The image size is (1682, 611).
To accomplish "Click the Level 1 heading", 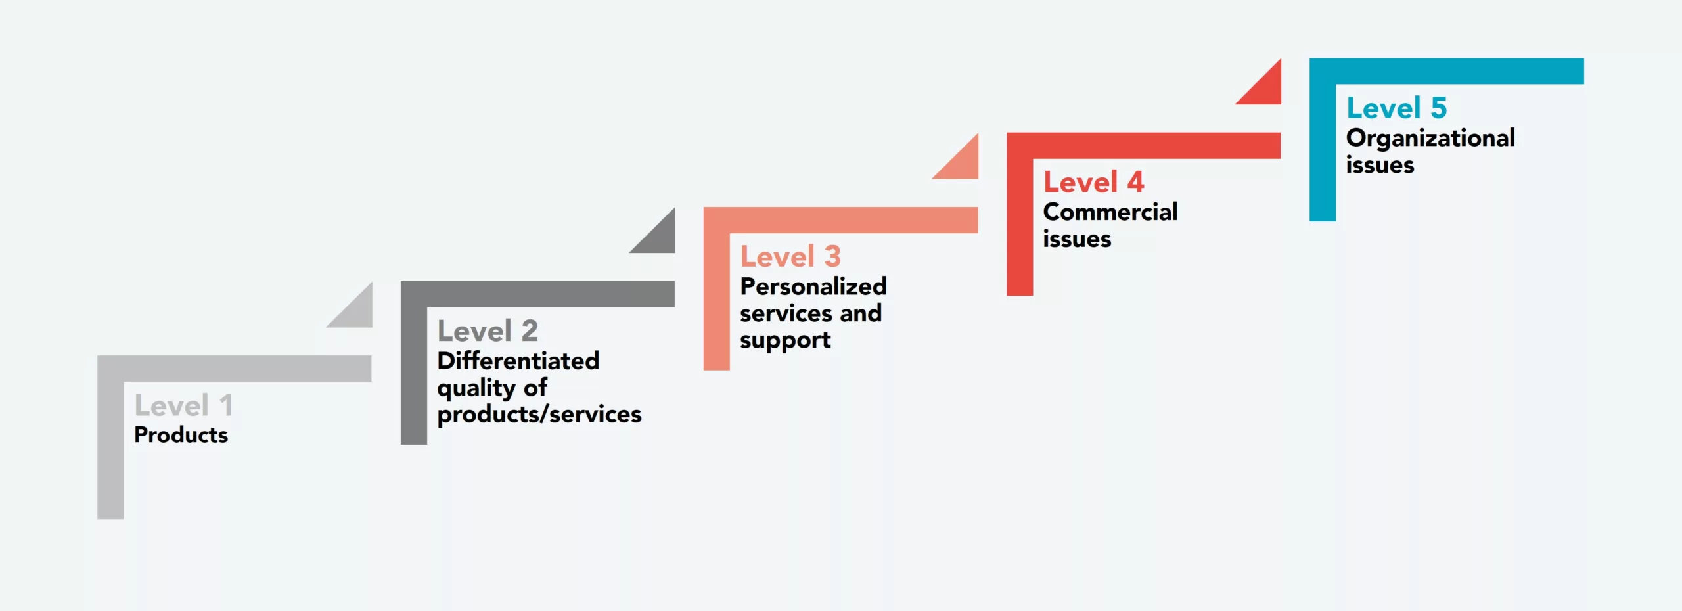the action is tap(183, 405).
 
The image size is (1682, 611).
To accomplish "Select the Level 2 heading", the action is tap(488, 330).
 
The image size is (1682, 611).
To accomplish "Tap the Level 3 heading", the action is tap(790, 256).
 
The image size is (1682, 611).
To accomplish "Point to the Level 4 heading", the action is tap(1093, 182).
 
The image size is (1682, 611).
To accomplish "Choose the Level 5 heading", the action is tap(1396, 108).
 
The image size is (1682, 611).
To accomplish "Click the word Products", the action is tap(181, 435).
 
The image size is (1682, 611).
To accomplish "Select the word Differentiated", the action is tap(518, 361).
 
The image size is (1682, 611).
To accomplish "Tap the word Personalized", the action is tap(813, 286).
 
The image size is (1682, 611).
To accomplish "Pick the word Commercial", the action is tap(1110, 212).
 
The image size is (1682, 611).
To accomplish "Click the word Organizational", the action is tap(1430, 138).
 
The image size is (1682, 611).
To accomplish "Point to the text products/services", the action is tap(539, 415).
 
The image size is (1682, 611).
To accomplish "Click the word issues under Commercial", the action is tap(1076, 239).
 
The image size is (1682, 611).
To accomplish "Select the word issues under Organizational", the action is tap(1379, 165).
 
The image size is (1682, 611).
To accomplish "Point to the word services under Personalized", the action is tap(785, 313).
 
